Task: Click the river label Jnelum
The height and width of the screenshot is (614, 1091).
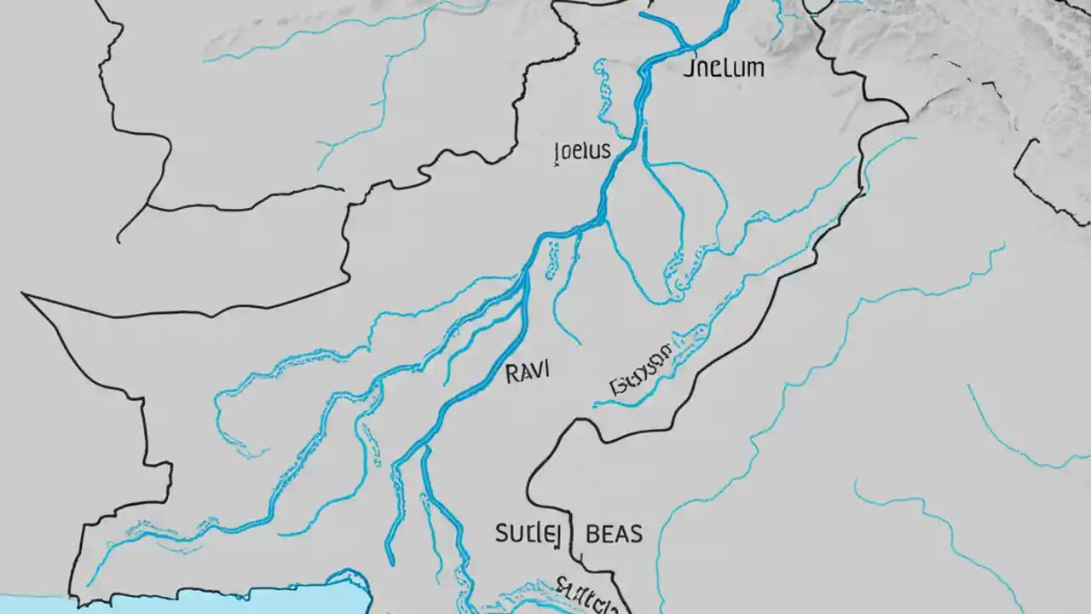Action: (x=724, y=68)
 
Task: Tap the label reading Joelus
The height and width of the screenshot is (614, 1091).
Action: (x=582, y=152)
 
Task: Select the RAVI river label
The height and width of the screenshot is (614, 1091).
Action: (x=528, y=372)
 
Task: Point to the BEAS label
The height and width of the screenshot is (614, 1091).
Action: (x=615, y=535)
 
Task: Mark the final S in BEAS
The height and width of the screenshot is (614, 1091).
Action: (x=636, y=535)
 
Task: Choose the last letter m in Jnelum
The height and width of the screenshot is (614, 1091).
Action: (x=755, y=69)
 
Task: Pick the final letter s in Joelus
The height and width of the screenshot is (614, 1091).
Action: (x=605, y=153)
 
